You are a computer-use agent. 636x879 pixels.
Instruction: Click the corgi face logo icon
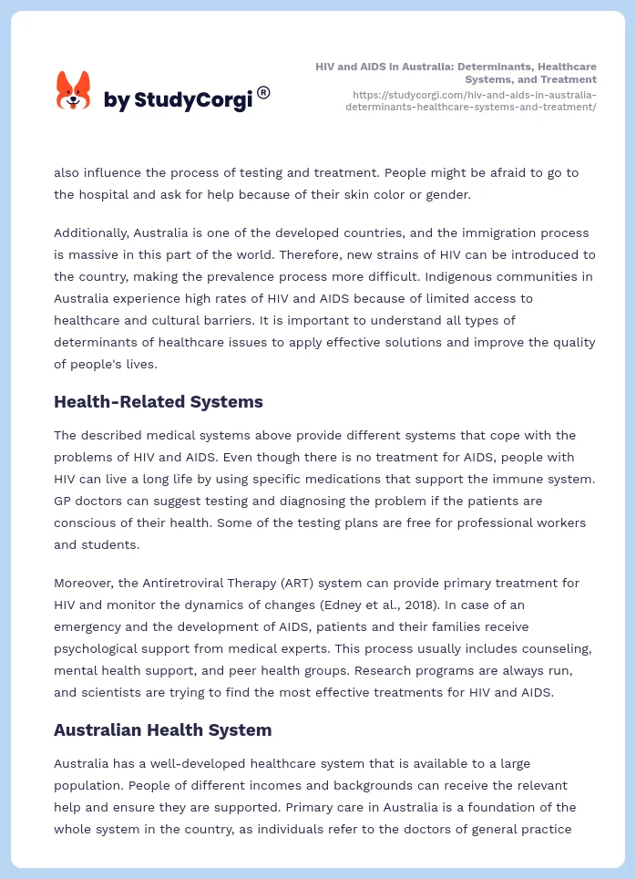pyautogui.click(x=74, y=90)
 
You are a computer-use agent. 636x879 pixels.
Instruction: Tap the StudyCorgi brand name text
pyautogui.click(x=178, y=99)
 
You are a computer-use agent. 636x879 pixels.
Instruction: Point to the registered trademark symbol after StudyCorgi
pyautogui.click(x=263, y=92)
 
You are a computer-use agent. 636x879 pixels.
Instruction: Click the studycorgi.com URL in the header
pyautogui.click(x=473, y=100)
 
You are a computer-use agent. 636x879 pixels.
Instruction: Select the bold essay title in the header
pyautogui.click(x=456, y=73)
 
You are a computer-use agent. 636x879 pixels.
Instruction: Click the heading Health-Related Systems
pyautogui.click(x=159, y=401)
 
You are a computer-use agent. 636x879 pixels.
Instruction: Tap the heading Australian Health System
pyautogui.click(x=162, y=729)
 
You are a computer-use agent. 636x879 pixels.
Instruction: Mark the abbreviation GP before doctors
pyautogui.click(x=63, y=501)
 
